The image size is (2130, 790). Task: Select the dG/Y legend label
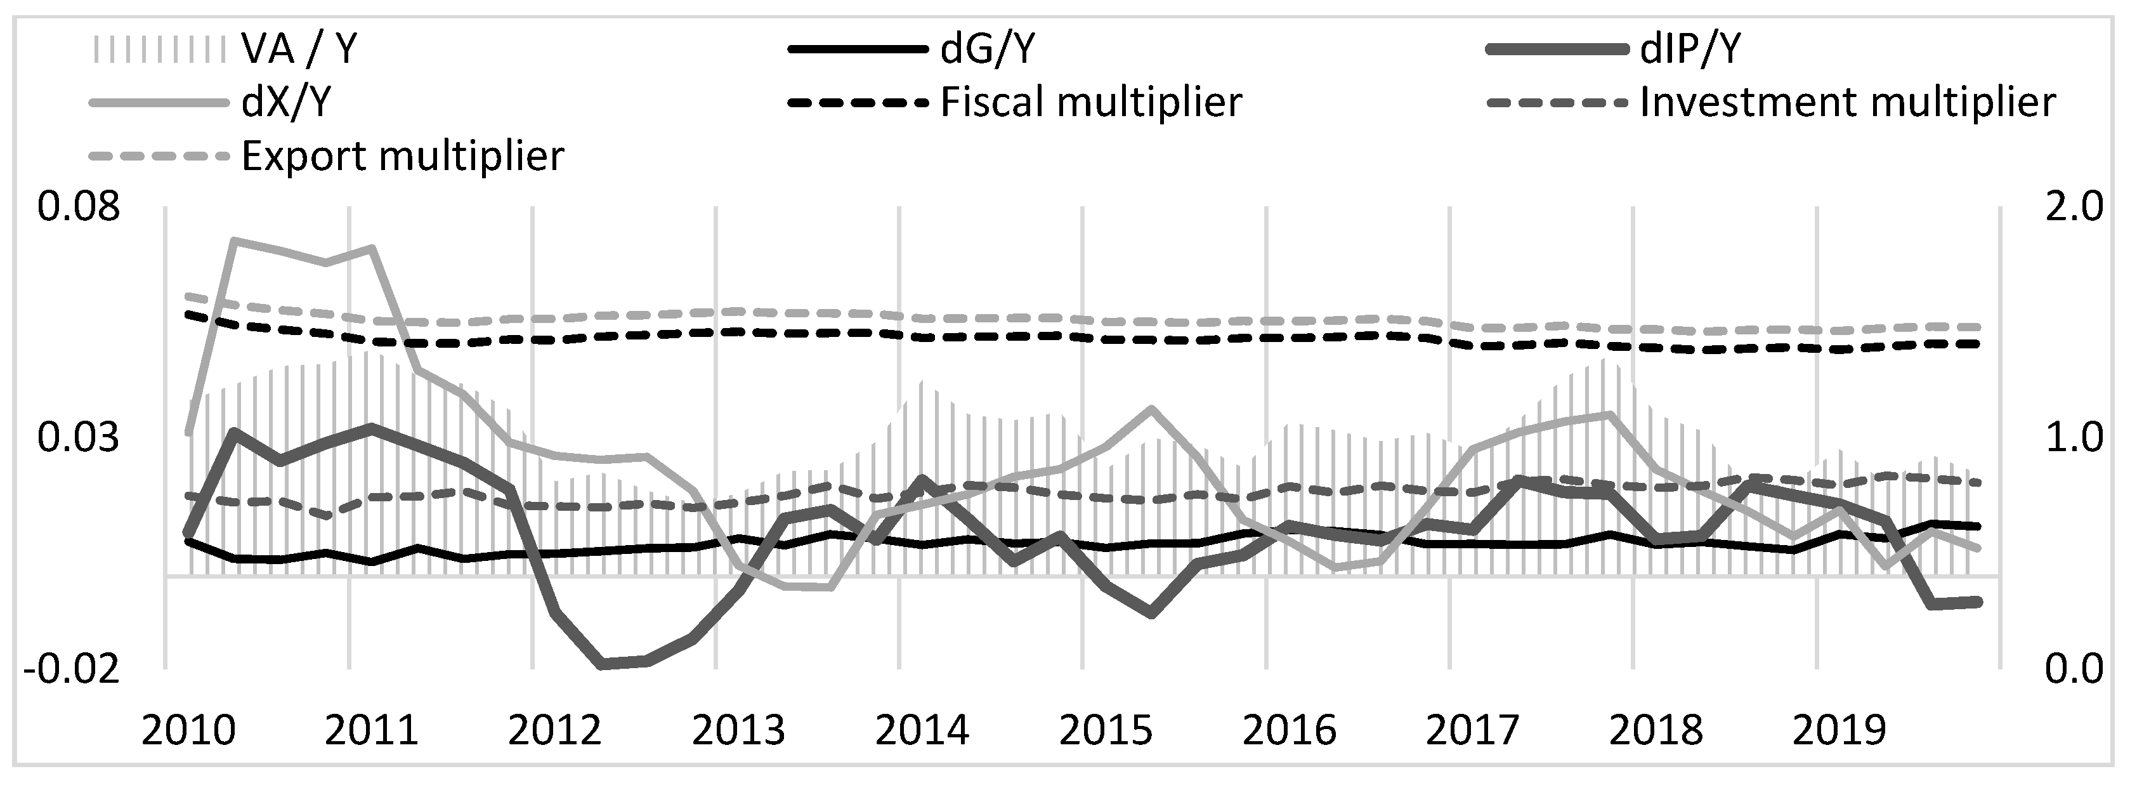[987, 49]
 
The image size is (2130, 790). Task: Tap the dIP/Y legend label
[1690, 49]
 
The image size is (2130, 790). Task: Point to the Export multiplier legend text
[403, 155]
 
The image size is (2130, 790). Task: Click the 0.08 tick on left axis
[79, 207]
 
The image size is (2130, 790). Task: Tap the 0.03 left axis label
[79, 438]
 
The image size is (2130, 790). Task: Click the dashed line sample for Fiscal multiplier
[856, 103]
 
